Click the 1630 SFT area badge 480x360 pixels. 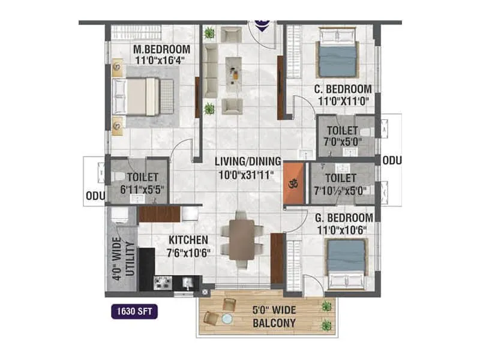point(134,312)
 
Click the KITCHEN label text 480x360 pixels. point(188,240)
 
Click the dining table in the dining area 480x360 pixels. point(241,239)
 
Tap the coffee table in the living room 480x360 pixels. point(233,70)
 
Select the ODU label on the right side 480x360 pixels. point(392,161)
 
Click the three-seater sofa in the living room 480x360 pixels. point(210,70)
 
